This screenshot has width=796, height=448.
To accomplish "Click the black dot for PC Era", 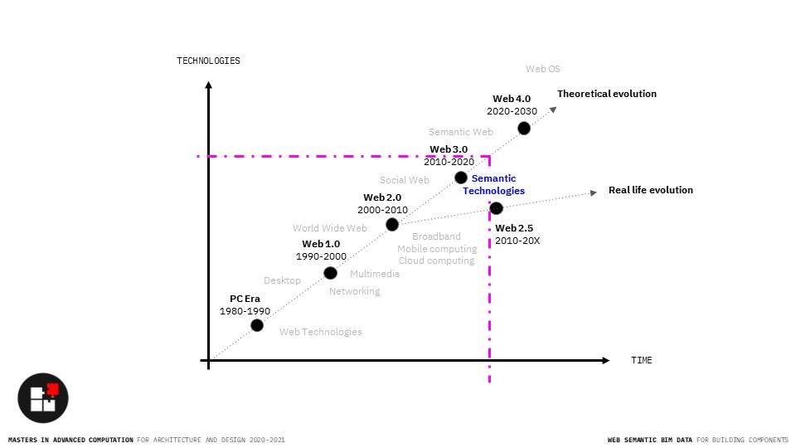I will point(257,325).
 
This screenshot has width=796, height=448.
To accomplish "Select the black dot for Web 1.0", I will point(330,273).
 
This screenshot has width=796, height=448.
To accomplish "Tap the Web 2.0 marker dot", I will point(392,224).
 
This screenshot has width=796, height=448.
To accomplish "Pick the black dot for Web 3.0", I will point(461,178).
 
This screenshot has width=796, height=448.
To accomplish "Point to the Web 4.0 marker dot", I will point(524,128).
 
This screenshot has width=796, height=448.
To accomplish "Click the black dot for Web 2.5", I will point(496,208).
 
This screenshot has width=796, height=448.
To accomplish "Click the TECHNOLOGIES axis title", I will point(208,61).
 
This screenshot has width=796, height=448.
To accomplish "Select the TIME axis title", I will point(642,360).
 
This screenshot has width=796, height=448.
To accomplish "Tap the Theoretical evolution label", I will point(606,94).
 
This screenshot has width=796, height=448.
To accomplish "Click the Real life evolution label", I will point(650,190).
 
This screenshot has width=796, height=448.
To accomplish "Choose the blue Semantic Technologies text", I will point(493,184).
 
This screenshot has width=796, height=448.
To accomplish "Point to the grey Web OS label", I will point(543,69).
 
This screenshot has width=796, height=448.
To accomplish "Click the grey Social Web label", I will point(405,180).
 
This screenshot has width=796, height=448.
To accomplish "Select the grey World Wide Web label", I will point(329,228).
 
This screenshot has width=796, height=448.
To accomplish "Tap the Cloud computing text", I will point(436,261).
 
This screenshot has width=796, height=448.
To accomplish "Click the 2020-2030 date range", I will point(512,111).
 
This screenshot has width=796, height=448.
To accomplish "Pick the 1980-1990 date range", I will point(245,310).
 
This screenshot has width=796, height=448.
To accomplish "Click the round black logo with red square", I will point(43,397).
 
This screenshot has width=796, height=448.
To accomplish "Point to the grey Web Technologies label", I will point(320,332).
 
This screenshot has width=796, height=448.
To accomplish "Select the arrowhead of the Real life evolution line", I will point(594,192).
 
